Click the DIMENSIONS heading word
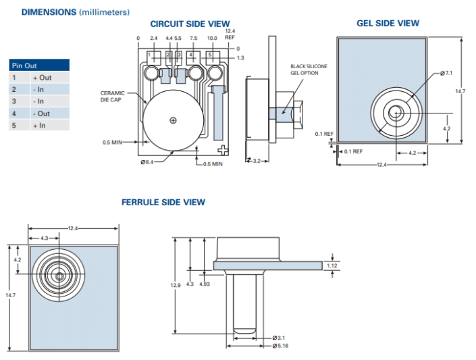click(49, 12)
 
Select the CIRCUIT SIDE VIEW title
click(190, 24)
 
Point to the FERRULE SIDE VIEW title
click(163, 202)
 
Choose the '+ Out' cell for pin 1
click(42, 78)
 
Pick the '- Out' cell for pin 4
click(42, 113)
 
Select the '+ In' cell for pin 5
click(39, 125)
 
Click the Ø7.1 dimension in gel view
click(446, 72)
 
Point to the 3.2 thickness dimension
click(257, 161)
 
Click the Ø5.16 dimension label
click(282, 346)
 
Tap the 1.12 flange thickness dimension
click(331, 265)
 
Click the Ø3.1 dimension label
click(280, 337)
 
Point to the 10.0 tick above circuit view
click(211, 38)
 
